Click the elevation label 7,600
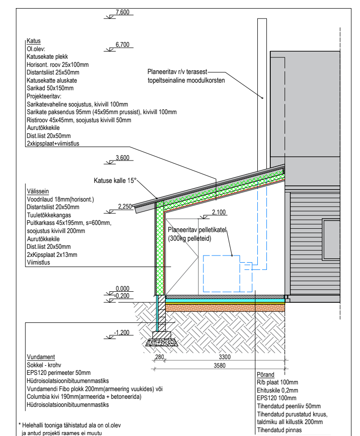coord(122,12)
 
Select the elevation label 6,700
coord(122,44)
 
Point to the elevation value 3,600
coord(123,159)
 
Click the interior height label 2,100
coord(218,212)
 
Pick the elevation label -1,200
coord(123,332)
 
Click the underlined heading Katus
coord(33,42)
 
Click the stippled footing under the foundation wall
coord(160,342)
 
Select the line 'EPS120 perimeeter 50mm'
coord(59,372)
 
